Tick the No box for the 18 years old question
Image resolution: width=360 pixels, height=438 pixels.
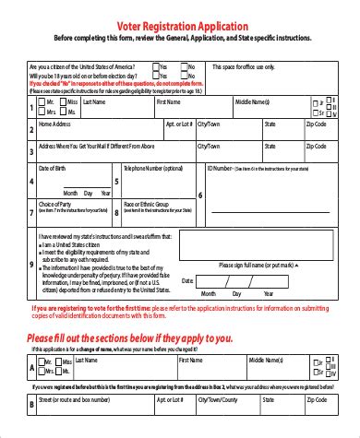(x=185, y=76)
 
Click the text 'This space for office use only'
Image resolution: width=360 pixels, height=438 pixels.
(x=244, y=67)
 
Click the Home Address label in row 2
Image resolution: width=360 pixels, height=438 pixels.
(x=54, y=123)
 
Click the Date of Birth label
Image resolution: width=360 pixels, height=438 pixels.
(x=54, y=169)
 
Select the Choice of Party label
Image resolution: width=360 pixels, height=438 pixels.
(x=55, y=204)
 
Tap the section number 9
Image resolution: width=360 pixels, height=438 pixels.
(x=31, y=265)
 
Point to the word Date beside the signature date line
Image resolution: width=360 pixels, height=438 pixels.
(x=187, y=280)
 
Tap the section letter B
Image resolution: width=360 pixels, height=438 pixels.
(x=31, y=404)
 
